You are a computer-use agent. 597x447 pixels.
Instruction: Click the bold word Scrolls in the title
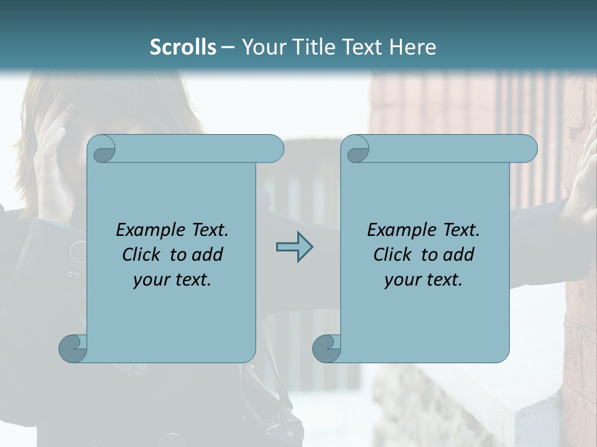point(183,47)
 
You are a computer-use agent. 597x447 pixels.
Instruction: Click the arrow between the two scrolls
point(294,247)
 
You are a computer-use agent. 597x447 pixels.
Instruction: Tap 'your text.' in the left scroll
point(172,280)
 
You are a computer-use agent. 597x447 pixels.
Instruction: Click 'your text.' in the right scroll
point(423,280)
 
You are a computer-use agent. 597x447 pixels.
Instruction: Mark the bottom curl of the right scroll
point(326,348)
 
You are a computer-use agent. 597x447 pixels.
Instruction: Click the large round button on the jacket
point(79,251)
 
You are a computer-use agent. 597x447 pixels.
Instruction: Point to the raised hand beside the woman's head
point(52,149)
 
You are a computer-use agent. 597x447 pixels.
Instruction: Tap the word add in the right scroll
point(460,255)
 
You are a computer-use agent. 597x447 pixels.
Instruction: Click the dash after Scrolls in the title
point(228,47)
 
